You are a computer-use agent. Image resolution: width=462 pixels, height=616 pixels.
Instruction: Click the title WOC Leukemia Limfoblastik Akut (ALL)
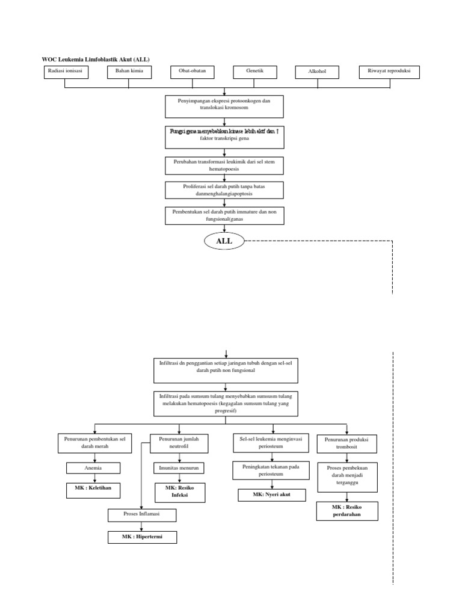[96, 59]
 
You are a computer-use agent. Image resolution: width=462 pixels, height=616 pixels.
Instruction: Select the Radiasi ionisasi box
[65, 72]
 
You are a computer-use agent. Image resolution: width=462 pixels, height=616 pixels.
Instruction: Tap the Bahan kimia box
[129, 72]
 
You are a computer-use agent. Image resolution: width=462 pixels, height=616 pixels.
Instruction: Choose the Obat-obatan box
[192, 72]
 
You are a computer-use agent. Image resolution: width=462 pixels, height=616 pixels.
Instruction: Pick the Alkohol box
[317, 72]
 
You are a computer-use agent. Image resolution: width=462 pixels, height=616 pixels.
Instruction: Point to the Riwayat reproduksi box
[389, 72]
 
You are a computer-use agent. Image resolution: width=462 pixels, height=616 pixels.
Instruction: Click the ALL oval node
[224, 242]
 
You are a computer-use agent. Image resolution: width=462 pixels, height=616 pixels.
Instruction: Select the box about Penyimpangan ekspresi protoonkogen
[224, 105]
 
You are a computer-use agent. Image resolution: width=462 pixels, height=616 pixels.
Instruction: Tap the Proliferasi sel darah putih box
[224, 190]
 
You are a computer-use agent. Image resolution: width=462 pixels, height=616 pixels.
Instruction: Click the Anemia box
[93, 468]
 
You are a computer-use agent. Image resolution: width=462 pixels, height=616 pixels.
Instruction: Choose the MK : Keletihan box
[93, 490]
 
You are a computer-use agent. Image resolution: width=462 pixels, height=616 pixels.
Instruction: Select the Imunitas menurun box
[179, 467]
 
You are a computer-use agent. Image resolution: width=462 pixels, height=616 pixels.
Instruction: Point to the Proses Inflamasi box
[142, 515]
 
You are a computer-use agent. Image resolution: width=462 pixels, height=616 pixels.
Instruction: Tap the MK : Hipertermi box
[143, 537]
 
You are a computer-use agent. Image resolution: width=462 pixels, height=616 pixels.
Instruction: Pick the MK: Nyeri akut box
[272, 495]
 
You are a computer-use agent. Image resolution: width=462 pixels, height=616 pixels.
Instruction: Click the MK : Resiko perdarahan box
[347, 511]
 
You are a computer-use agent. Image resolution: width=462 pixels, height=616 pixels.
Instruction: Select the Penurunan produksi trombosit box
[347, 444]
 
